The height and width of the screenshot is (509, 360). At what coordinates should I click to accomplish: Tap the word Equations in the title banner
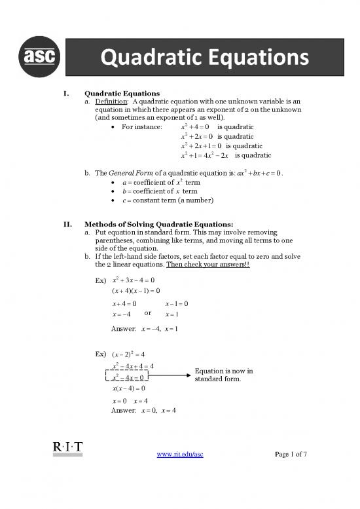coord(245,60)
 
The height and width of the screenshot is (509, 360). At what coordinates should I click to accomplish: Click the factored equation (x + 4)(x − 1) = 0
coord(132,290)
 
